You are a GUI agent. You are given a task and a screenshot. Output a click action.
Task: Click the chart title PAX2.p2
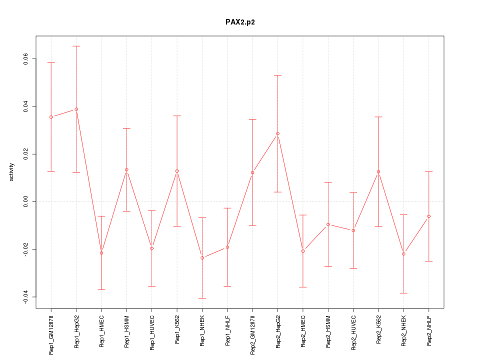pyautogui.click(x=240, y=22)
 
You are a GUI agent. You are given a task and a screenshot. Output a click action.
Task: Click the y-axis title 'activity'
pyautogui.click(x=11, y=171)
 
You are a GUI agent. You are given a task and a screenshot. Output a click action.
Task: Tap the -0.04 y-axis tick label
pyautogui.click(x=25, y=297)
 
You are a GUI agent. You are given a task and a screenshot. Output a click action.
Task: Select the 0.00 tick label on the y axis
pyautogui.click(x=25, y=201)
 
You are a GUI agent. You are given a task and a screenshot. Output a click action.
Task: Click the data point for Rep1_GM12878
pyautogui.click(x=51, y=117)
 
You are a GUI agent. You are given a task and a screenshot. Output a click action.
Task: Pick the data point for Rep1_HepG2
pyautogui.click(x=76, y=109)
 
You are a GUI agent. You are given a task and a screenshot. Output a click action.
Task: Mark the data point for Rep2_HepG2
pyautogui.click(x=277, y=133)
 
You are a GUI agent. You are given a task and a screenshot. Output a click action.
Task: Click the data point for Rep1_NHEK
pyautogui.click(x=202, y=257)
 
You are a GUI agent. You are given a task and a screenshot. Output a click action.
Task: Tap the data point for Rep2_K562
pyautogui.click(x=378, y=171)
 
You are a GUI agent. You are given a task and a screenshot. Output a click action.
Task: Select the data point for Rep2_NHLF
pyautogui.click(x=429, y=216)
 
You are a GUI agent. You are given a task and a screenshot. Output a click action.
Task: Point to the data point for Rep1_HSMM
pyautogui.click(x=126, y=169)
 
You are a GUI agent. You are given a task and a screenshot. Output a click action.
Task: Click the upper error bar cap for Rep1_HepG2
pyautogui.click(x=76, y=46)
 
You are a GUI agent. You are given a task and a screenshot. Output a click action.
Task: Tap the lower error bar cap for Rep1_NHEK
pyautogui.click(x=202, y=298)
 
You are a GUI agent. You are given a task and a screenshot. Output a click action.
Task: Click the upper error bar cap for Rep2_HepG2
pyautogui.click(x=277, y=75)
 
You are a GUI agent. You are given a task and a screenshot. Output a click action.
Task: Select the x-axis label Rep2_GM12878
pyautogui.click(x=252, y=334)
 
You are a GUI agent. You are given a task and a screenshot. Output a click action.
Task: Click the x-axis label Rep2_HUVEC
pyautogui.click(x=353, y=331)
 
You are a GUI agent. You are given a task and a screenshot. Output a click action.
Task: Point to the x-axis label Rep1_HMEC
pyautogui.click(x=101, y=330)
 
